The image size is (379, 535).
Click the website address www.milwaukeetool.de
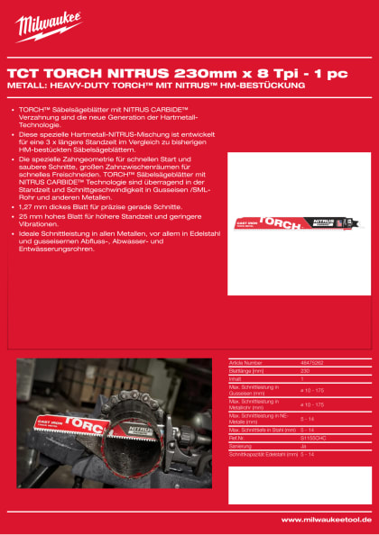(x=327, y=520)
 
